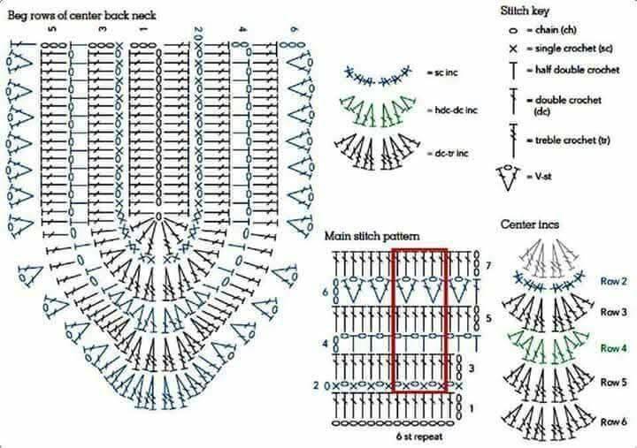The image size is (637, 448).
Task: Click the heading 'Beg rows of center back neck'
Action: pos(81,16)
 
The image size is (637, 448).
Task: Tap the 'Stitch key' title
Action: pos(525,11)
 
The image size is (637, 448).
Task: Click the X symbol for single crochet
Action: pos(513,49)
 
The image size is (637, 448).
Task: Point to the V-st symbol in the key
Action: pos(508,177)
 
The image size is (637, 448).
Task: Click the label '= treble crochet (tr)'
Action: pos(569,140)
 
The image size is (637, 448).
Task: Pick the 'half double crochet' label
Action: pos(577,70)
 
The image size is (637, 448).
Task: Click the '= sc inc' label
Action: pos(442,72)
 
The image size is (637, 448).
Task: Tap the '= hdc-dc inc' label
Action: pos(452,110)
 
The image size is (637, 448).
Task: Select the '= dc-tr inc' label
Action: pos(448,153)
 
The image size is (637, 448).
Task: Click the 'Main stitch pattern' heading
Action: pos(372,236)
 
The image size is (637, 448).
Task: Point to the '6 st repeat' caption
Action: pos(419,437)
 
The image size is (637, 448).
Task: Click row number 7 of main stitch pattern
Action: pos(487,266)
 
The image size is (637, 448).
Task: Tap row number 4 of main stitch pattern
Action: pos(325,344)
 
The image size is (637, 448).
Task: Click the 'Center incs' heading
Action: pos(530,224)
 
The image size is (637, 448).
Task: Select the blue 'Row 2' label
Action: pos(613,281)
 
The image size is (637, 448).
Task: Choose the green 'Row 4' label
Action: pos(613,348)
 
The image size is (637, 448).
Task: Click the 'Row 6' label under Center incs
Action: pos(613,422)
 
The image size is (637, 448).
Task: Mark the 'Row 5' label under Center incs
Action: pos(613,383)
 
